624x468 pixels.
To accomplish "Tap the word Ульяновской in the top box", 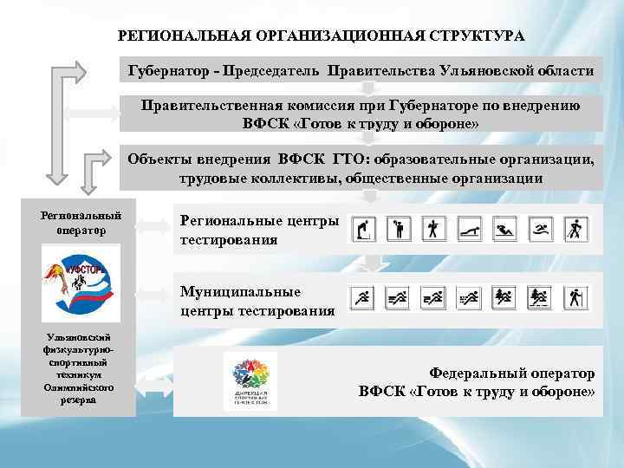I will click(491, 70).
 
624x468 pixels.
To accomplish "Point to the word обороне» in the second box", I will click(446, 123).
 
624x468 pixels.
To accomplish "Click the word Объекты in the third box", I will click(155, 160).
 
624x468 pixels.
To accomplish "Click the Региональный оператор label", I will click(81, 223).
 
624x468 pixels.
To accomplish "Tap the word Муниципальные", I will click(240, 292).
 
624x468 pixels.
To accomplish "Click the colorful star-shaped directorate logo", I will click(250, 375).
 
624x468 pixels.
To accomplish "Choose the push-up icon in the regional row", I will click(469, 229).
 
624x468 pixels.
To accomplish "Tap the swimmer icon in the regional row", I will click(539, 229).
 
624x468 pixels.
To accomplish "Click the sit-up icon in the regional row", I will click(504, 229).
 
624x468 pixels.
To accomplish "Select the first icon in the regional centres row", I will click(364, 229).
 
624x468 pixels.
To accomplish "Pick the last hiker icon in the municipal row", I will click(575, 299).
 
